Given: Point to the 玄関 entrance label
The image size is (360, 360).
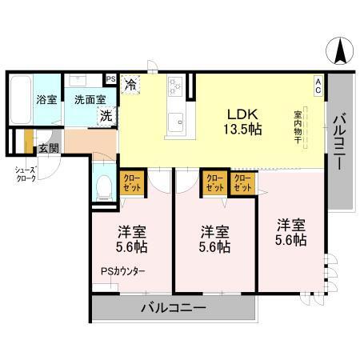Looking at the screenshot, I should [x=47, y=148].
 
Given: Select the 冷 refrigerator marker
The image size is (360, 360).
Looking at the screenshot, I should [x=130, y=82].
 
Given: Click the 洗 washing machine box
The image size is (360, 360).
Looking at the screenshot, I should [x=105, y=114].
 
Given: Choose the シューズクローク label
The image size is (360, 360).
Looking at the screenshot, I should [x=22, y=174].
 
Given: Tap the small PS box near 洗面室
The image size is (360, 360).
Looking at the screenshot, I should [x=110, y=78].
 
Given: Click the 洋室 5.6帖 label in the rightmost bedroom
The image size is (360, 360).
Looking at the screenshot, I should [x=292, y=231].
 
